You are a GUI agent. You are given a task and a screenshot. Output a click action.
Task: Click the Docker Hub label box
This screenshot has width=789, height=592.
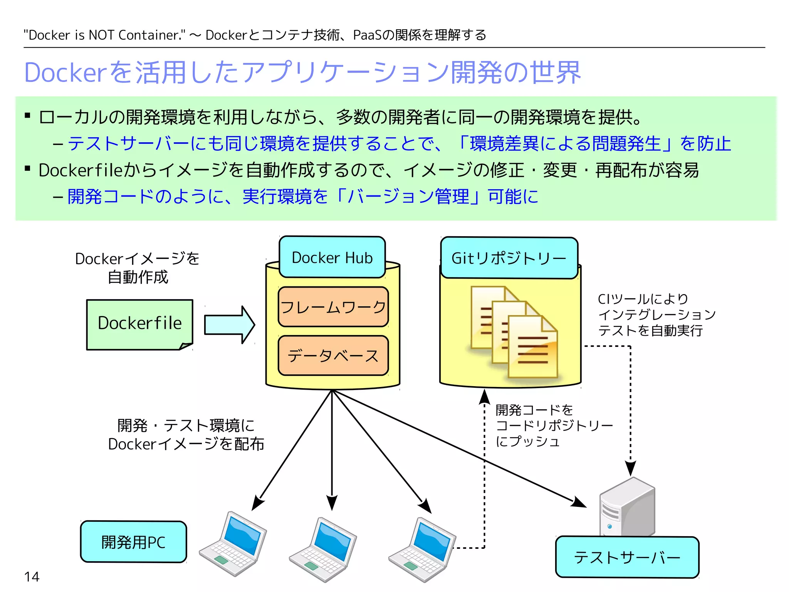click(332, 257)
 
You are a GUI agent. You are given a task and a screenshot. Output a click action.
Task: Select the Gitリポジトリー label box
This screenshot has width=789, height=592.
click(509, 258)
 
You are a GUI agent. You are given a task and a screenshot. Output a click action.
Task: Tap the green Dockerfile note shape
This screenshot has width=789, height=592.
click(139, 324)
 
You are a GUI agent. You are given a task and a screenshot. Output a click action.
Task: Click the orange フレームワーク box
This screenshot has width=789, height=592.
click(333, 307)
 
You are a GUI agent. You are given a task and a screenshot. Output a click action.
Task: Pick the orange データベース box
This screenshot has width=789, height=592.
click(333, 355)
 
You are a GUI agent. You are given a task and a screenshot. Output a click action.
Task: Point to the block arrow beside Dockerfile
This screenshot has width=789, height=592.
click(229, 325)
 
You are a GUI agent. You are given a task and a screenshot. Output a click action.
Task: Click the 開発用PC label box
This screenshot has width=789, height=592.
click(133, 542)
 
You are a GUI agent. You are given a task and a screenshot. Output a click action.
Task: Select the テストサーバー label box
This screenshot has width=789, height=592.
click(627, 557)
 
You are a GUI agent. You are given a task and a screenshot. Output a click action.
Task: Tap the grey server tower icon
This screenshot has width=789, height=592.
click(627, 507)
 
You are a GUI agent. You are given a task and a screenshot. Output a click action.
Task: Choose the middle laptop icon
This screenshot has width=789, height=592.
click(323, 549)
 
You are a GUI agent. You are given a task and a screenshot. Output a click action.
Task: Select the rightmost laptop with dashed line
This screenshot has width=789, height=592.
click(422, 549)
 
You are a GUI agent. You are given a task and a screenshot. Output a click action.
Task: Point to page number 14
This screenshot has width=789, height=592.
click(32, 577)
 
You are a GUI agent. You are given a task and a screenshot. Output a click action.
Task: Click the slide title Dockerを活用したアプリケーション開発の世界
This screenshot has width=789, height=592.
click(302, 72)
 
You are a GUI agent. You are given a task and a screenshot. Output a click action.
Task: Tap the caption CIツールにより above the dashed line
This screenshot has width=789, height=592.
click(643, 299)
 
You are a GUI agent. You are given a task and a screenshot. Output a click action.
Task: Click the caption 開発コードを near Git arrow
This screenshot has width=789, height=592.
click(534, 410)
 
